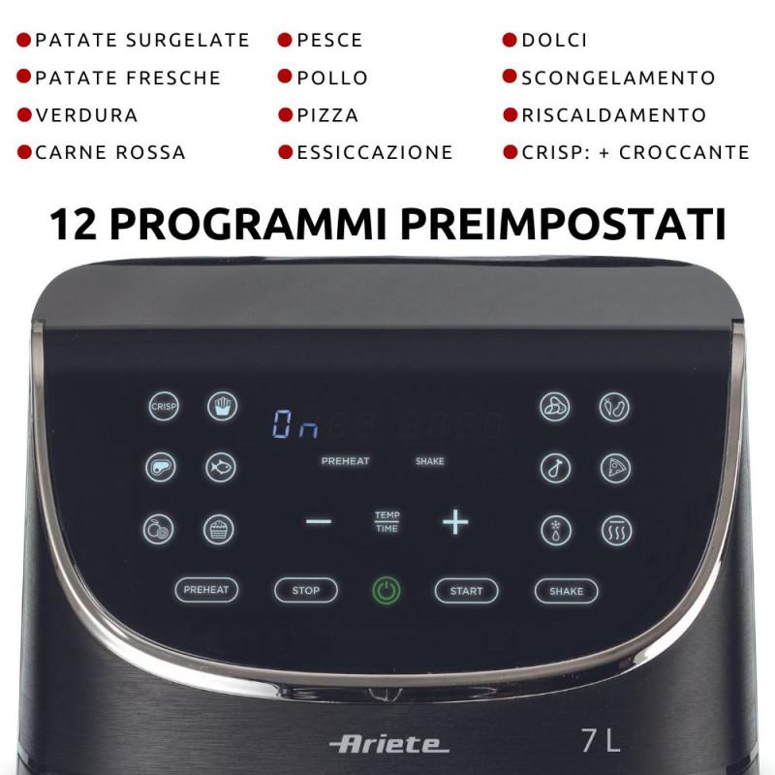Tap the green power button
tap(387, 591)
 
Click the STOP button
tap(306, 590)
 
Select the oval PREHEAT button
tap(206, 590)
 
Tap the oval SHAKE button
tap(566, 591)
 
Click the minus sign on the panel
tap(318, 522)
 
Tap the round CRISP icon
tap(163, 407)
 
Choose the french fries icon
tap(222, 406)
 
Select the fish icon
tap(220, 468)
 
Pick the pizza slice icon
tap(614, 468)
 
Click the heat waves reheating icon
tap(614, 530)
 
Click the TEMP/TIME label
tap(387, 521)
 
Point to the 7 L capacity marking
tap(601, 741)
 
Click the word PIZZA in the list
tap(327, 115)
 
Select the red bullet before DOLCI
tap(510, 41)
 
